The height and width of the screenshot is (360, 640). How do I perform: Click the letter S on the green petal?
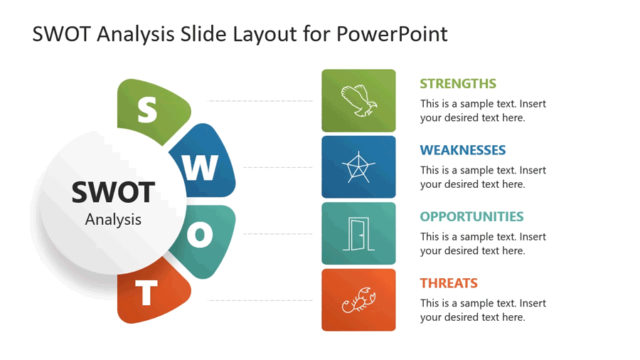coord(147,110)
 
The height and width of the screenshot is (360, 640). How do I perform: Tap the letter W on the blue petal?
coord(202,168)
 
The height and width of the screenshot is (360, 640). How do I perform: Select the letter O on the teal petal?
coord(201,235)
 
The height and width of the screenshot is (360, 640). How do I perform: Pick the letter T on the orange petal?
coord(147,293)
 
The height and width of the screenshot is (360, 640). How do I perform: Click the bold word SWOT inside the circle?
coord(113,192)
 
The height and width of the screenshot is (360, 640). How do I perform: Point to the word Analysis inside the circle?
coord(113,219)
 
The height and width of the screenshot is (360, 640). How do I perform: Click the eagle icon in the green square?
coord(358,100)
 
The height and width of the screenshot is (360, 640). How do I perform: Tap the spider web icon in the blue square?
coord(358,167)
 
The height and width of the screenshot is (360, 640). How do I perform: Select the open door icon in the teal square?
coord(358,233)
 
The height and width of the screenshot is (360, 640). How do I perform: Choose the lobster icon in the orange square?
coord(358,300)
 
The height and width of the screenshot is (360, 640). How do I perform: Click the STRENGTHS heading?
coord(458,83)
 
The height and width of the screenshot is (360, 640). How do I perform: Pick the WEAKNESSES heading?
coord(463,150)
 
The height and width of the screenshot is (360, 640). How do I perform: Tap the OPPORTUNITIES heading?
coord(471,216)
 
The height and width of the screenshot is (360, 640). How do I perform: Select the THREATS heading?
coord(449,283)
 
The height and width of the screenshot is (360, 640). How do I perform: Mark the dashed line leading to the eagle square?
coord(260,101)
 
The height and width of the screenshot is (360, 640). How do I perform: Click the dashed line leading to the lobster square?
coord(260,300)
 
